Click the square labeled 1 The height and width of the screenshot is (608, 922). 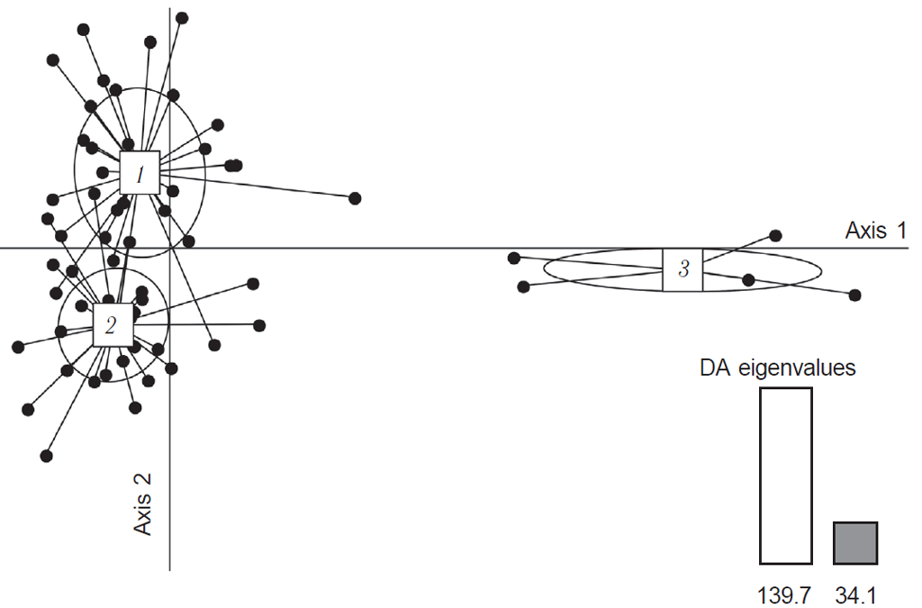[x=140, y=172]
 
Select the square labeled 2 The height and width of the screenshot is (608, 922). [x=113, y=324]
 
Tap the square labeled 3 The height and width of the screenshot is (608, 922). [x=682, y=268]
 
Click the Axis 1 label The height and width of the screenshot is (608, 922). [x=875, y=231]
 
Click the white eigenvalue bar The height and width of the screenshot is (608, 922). [x=786, y=475]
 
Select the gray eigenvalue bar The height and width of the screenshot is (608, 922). [x=854, y=542]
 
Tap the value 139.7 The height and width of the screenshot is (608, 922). [x=786, y=594]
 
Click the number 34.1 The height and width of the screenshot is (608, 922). [x=854, y=594]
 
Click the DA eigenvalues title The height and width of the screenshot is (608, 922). [x=778, y=368]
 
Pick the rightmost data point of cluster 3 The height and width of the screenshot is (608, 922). [x=854, y=295]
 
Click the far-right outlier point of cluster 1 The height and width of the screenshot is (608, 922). [x=355, y=198]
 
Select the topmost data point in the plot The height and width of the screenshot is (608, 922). [x=182, y=18]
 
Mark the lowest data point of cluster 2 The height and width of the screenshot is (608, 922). [x=47, y=456]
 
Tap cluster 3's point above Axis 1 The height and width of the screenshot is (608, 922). [x=775, y=235]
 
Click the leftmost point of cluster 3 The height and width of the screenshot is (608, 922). [x=513, y=258]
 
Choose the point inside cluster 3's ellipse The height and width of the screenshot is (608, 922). [x=748, y=279]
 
